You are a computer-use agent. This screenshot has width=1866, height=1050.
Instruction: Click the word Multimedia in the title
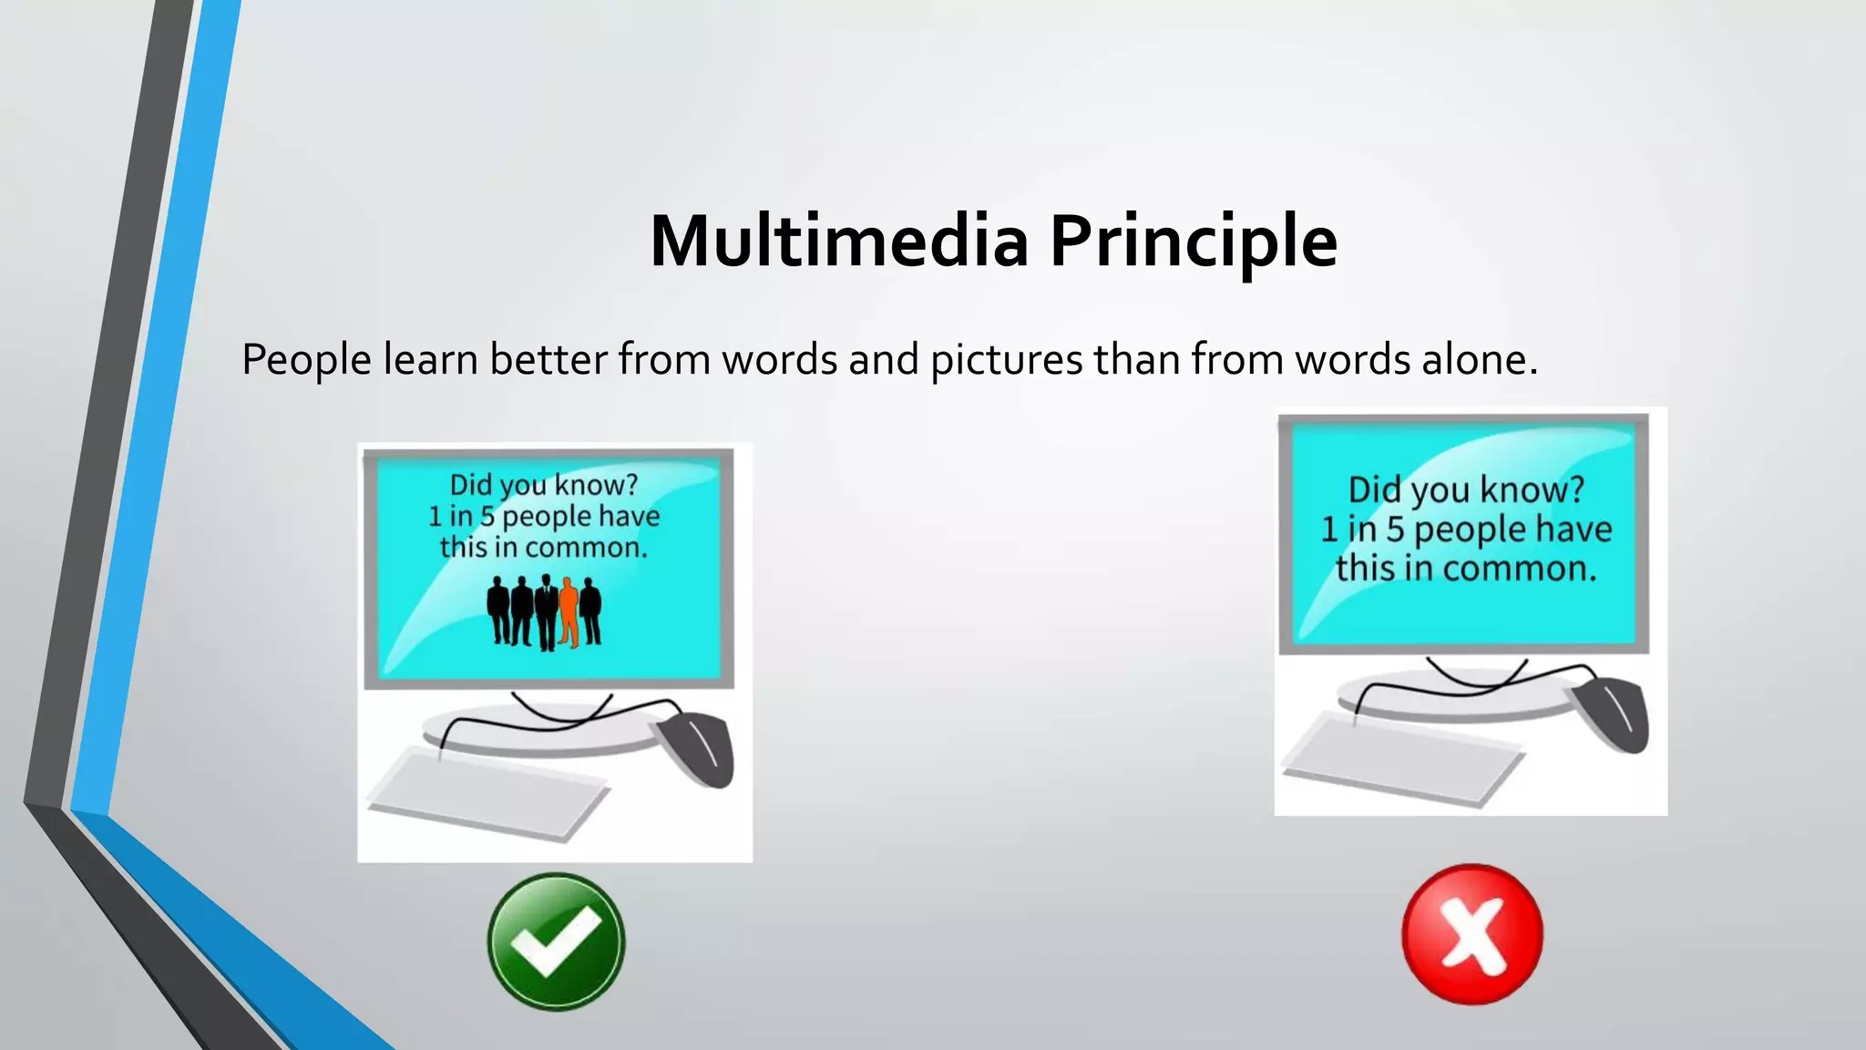(x=838, y=242)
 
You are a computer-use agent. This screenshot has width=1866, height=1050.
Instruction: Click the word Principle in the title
(x=1193, y=242)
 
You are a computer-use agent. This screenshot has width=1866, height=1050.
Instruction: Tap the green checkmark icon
(x=556, y=942)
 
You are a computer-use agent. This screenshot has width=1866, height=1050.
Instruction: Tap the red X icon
(x=1471, y=934)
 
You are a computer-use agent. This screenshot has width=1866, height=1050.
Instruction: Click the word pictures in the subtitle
(x=1006, y=360)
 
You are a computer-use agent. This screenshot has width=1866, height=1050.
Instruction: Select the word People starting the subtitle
(x=306, y=360)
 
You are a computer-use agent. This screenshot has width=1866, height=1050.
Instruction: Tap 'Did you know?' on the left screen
(x=544, y=485)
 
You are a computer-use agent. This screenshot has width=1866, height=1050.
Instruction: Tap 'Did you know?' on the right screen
(x=1466, y=490)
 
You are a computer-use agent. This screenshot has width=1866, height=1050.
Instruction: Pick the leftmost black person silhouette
(x=498, y=611)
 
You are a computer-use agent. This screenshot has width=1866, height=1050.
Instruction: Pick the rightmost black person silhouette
(x=591, y=612)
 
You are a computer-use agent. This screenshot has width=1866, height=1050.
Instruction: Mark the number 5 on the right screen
(x=1396, y=530)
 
